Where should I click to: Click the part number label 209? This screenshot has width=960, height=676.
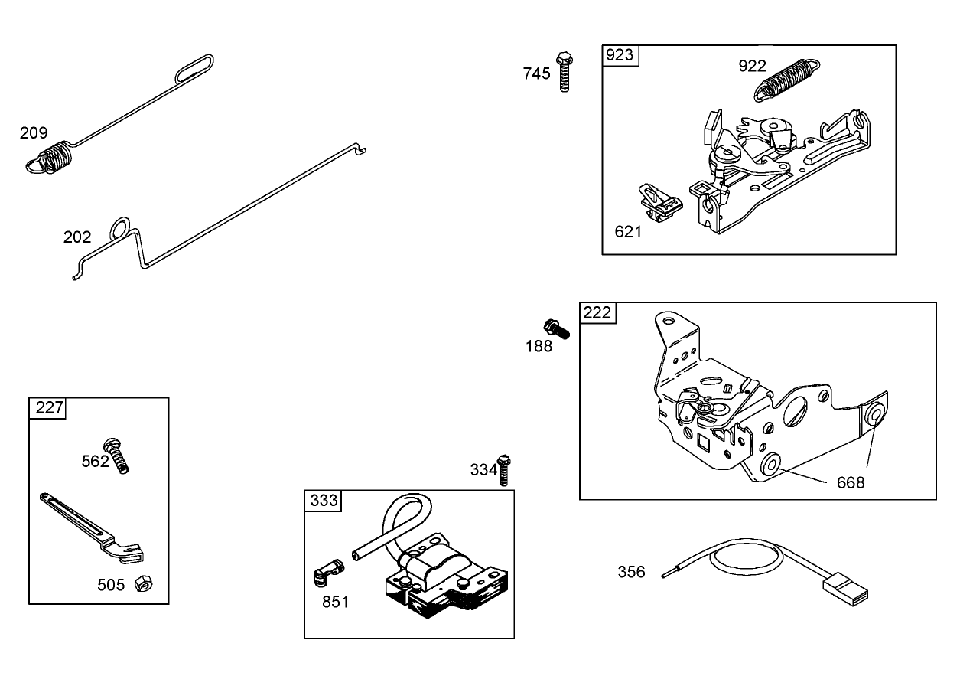[34, 133]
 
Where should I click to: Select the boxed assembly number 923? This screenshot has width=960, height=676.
[620, 55]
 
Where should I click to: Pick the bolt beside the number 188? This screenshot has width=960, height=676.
[557, 330]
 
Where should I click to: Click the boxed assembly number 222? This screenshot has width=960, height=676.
[597, 312]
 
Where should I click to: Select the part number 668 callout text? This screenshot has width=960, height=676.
[851, 482]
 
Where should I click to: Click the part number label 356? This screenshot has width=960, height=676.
[631, 572]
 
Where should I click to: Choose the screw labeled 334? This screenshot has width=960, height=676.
[504, 470]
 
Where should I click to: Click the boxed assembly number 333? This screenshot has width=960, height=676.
[324, 501]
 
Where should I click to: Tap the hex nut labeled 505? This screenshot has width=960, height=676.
[141, 584]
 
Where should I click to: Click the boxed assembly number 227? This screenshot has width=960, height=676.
[48, 408]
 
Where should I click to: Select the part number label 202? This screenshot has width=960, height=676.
[77, 237]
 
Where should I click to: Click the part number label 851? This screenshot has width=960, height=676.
[335, 602]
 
